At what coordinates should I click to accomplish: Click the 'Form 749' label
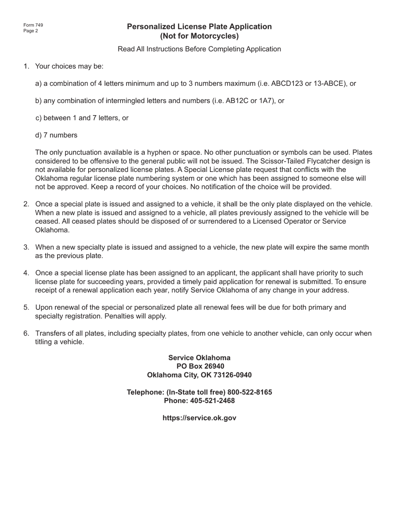coord(33,25)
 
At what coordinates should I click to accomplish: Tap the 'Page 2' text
coord(31,31)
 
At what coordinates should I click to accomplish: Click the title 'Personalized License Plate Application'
coord(199,27)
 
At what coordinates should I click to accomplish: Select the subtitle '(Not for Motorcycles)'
coord(199,36)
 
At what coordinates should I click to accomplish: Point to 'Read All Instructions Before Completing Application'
coord(199,49)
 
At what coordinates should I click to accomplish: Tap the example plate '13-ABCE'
coord(329,84)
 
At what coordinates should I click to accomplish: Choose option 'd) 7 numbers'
coord(56,135)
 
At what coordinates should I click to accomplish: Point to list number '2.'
coord(26,204)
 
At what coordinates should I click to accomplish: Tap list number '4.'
coord(26,273)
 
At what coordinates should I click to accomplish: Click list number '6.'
coord(26,333)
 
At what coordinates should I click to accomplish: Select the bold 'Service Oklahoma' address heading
coord(199,358)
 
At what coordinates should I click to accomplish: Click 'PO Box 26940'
coord(199,367)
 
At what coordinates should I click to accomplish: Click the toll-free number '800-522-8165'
coord(249,392)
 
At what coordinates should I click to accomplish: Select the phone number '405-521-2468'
coord(212,401)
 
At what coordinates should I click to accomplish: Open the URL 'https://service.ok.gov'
coord(199,418)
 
